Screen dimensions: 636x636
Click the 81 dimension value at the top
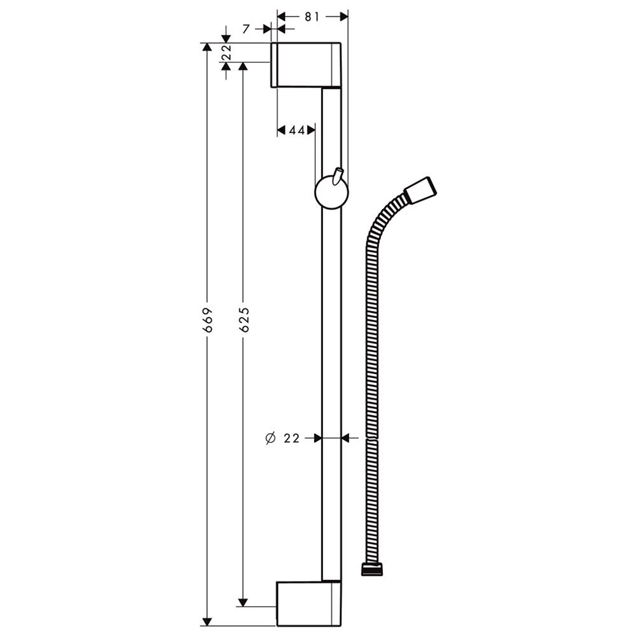click(x=312, y=17)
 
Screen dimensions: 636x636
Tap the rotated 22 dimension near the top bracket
click(x=225, y=53)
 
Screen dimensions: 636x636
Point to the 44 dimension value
click(x=296, y=130)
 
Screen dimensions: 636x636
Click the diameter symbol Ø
click(x=269, y=438)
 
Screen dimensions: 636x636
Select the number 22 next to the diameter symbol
click(x=292, y=438)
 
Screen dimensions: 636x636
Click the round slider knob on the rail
click(x=330, y=193)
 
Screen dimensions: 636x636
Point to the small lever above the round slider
click(x=337, y=176)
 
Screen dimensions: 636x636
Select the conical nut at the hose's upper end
click(x=421, y=190)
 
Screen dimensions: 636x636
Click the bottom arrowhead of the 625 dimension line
click(x=242, y=602)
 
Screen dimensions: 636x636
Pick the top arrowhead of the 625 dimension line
click(x=242, y=67)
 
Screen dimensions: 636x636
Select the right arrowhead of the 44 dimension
click(x=312, y=130)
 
